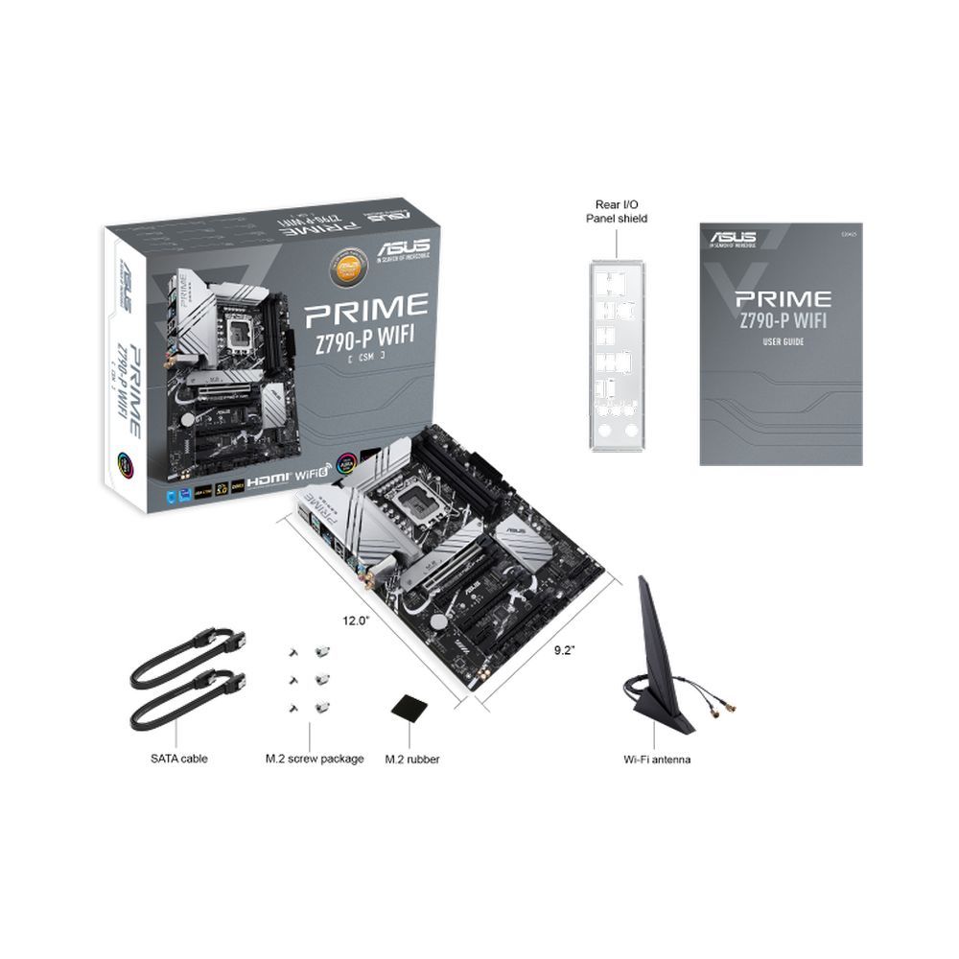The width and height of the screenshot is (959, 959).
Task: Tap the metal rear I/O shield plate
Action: (617, 356)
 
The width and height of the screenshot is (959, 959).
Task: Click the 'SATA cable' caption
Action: (178, 759)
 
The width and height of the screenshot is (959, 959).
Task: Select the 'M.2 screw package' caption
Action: (315, 759)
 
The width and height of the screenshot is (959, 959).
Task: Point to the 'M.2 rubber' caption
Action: (412, 759)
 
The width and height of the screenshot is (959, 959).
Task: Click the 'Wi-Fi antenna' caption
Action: (657, 759)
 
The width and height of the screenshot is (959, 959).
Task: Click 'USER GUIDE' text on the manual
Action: (784, 341)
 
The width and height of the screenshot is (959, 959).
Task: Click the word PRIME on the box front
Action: (365, 309)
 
